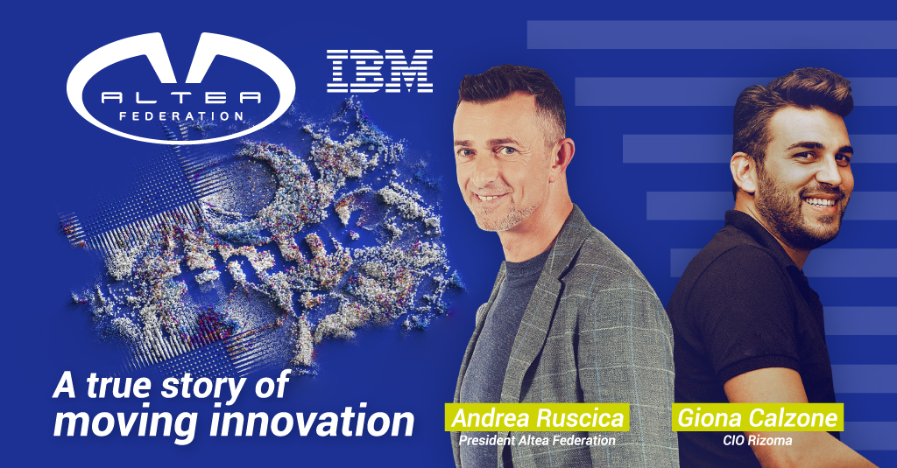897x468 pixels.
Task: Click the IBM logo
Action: [379, 71]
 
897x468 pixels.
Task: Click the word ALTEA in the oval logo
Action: [180, 98]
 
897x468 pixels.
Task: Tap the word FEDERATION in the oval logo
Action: [180, 116]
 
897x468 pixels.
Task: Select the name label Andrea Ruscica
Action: [537, 418]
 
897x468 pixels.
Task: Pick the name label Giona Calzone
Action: [758, 418]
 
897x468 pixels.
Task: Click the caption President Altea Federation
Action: [537, 441]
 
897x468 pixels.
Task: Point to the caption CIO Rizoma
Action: [758, 441]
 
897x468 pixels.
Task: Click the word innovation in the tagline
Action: [312, 421]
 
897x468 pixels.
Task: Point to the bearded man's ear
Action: [743, 176]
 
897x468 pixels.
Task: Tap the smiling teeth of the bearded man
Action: [820, 202]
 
